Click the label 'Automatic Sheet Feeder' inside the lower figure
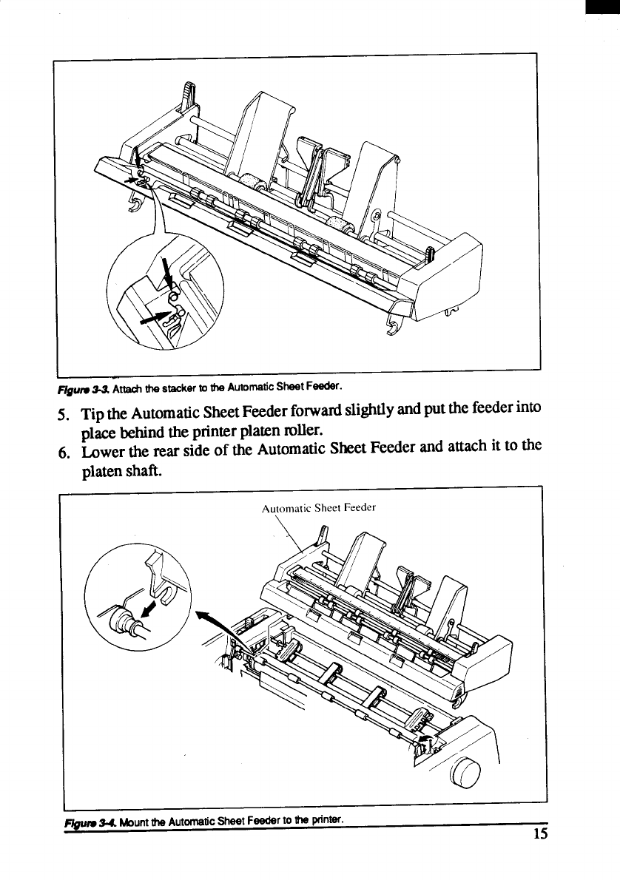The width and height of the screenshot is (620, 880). (319, 507)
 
